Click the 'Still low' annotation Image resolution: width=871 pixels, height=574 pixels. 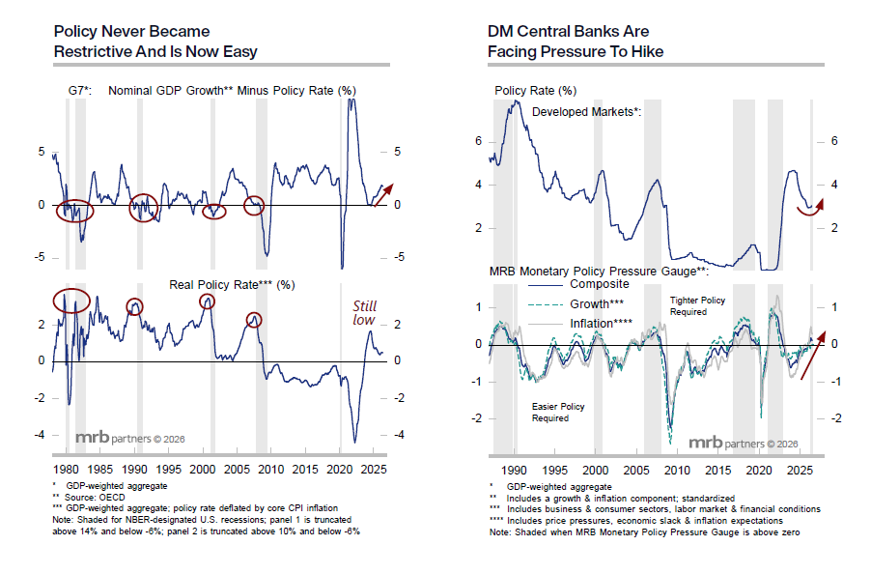point(365,313)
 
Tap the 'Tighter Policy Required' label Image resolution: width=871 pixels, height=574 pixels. point(697,306)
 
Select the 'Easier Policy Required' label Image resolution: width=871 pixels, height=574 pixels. point(558,413)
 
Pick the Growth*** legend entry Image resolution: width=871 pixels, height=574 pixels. point(576,304)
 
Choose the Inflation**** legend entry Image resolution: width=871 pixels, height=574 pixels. point(580,324)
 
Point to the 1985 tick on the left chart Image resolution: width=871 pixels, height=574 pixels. point(100,470)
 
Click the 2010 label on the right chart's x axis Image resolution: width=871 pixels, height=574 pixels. point(677,471)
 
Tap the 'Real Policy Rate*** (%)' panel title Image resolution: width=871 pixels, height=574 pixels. point(232,285)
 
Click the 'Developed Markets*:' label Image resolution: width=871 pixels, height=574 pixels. point(586,112)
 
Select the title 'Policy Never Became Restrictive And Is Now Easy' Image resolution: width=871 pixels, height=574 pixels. point(155,42)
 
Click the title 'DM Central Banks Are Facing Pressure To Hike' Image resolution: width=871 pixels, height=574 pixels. point(576,42)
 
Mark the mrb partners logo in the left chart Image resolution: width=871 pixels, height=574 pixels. point(130,438)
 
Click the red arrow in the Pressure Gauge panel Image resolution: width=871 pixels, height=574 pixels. point(813,356)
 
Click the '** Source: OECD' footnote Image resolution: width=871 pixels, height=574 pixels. point(89,498)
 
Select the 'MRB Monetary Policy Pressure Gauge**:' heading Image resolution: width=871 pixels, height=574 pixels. point(599,272)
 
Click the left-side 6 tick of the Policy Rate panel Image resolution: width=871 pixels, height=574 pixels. point(478,141)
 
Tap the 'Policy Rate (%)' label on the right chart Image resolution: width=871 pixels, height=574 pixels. point(536,91)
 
